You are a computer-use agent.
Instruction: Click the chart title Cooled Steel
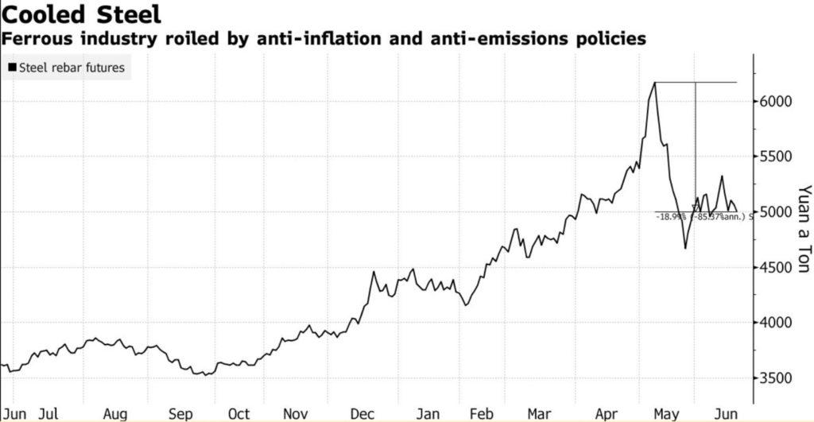coord(82,14)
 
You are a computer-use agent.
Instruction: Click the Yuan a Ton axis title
coord(804,230)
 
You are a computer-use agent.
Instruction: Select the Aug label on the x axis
coord(115,413)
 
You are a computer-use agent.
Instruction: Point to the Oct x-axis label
coord(238,413)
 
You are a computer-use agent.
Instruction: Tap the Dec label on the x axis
coord(362,413)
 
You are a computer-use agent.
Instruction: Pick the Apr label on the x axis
coord(607,413)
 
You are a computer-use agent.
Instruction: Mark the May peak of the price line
coord(655,82)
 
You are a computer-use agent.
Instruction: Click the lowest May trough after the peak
coord(685,248)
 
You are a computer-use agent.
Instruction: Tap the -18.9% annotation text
coord(670,216)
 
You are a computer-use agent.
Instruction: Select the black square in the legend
coord(12,68)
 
